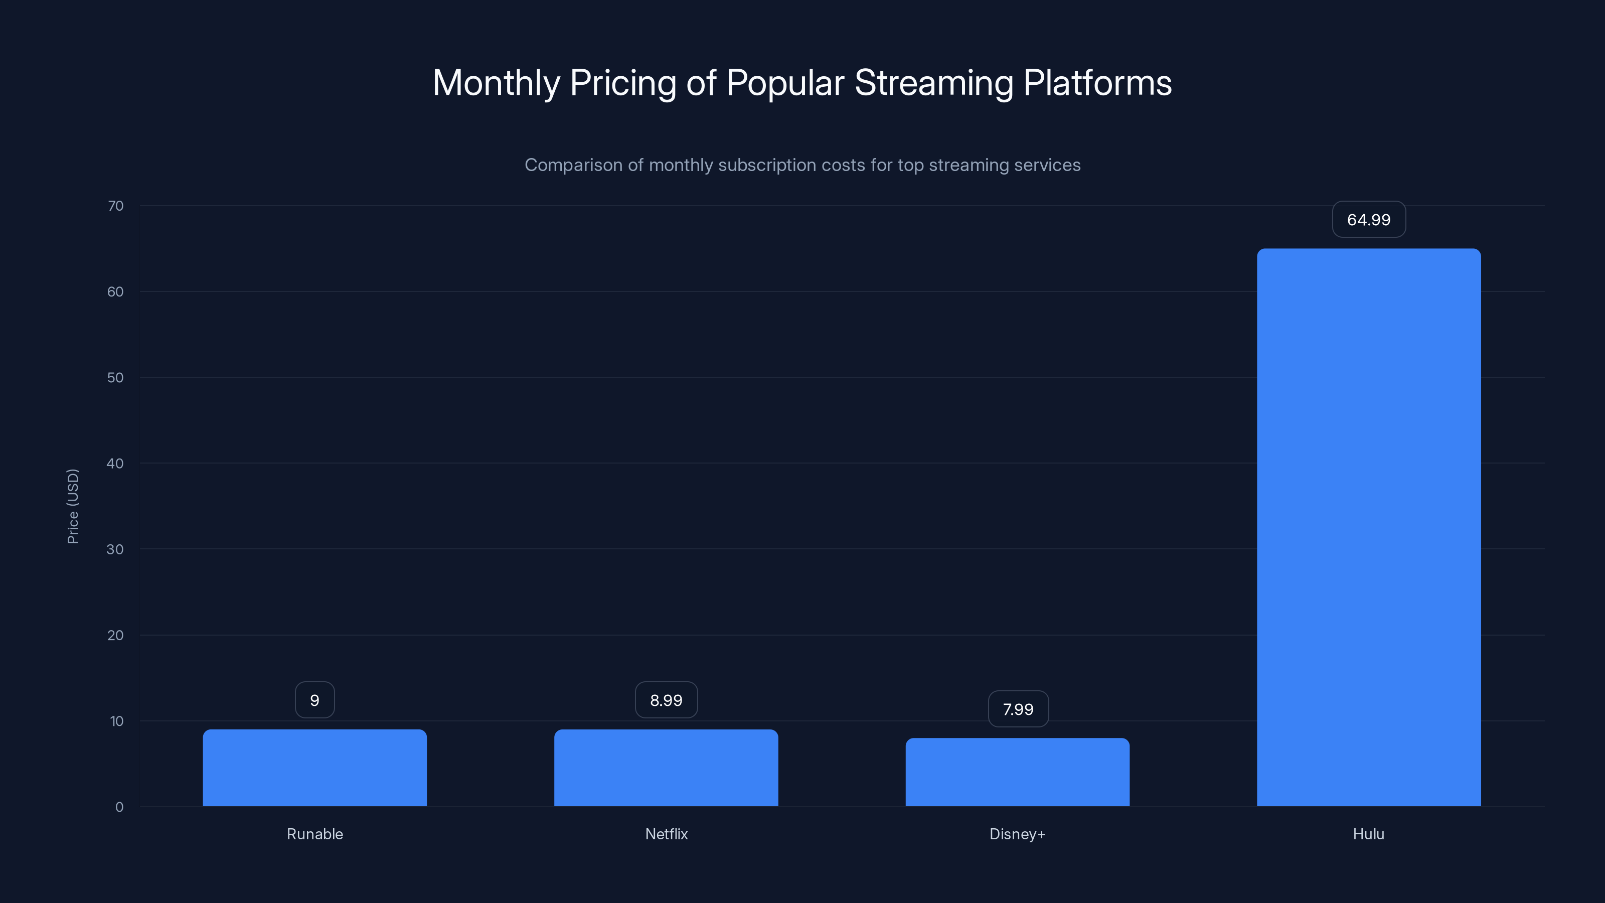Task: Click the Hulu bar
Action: (x=1368, y=527)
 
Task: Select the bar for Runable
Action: (x=314, y=768)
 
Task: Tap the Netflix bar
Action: (x=666, y=768)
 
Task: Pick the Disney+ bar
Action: (x=1018, y=772)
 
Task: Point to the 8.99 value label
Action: (x=666, y=700)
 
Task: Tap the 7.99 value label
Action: (x=1018, y=709)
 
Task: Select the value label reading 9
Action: (x=314, y=700)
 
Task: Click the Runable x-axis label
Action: (x=314, y=834)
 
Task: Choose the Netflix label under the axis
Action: (x=666, y=834)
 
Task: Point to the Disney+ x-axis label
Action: (x=1018, y=834)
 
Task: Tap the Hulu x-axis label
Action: (x=1368, y=834)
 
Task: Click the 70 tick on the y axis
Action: (x=116, y=206)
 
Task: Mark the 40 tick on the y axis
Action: (x=115, y=464)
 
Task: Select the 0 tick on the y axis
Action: (x=119, y=807)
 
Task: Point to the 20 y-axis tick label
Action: (x=115, y=636)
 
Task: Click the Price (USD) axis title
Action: (x=73, y=506)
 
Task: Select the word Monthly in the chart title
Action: (x=496, y=83)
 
